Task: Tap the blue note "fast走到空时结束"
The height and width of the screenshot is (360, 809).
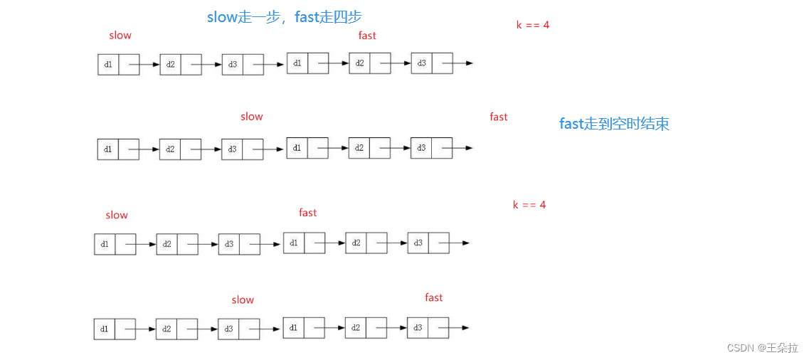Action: [614, 124]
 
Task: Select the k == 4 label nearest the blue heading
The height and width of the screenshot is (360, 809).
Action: [533, 25]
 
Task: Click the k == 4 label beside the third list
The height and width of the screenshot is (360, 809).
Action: [529, 205]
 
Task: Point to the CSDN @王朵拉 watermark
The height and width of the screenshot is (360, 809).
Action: [762, 348]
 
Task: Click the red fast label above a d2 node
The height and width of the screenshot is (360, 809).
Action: [367, 36]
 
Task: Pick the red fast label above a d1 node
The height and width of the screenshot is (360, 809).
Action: [308, 213]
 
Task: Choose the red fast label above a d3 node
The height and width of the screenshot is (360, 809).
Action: [434, 297]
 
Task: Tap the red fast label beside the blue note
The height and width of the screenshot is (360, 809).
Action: [499, 117]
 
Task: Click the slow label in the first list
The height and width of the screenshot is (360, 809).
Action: [120, 35]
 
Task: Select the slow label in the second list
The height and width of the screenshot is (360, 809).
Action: [252, 117]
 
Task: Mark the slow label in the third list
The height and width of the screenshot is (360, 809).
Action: [117, 215]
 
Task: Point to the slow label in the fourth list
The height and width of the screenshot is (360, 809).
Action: [243, 300]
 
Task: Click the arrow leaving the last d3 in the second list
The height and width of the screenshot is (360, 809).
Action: [462, 148]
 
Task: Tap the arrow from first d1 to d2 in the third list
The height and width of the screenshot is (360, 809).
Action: [145, 244]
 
